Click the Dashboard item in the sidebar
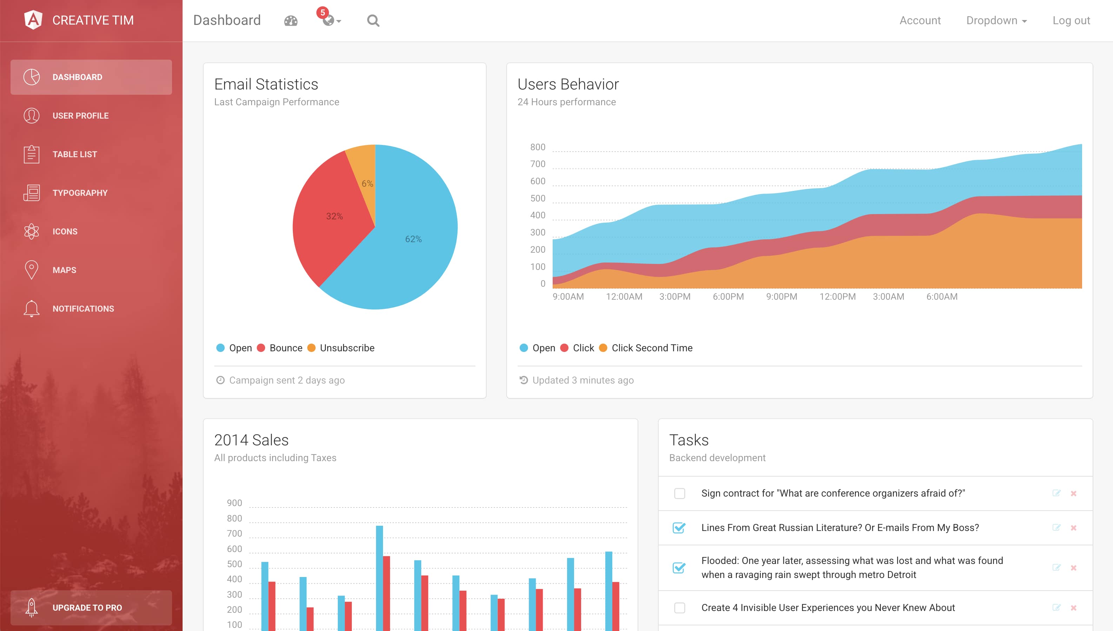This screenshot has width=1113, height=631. point(91,77)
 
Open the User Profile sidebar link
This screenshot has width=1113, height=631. point(80,116)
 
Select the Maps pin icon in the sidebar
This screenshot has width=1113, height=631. point(31,270)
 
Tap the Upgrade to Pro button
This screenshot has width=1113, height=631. point(91,607)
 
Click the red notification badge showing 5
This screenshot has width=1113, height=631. point(322,13)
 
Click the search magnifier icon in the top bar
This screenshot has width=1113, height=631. point(373,20)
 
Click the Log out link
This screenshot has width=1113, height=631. point(1071,20)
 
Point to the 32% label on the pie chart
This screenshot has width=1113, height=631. point(334,216)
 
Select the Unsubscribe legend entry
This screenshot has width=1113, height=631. point(347,348)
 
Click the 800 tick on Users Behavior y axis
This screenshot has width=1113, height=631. point(538,147)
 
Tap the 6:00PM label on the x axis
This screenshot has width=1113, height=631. point(728,297)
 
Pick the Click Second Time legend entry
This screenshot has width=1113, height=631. point(651,348)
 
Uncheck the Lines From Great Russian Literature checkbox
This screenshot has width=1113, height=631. point(679,528)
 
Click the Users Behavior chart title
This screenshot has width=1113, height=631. point(568,84)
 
